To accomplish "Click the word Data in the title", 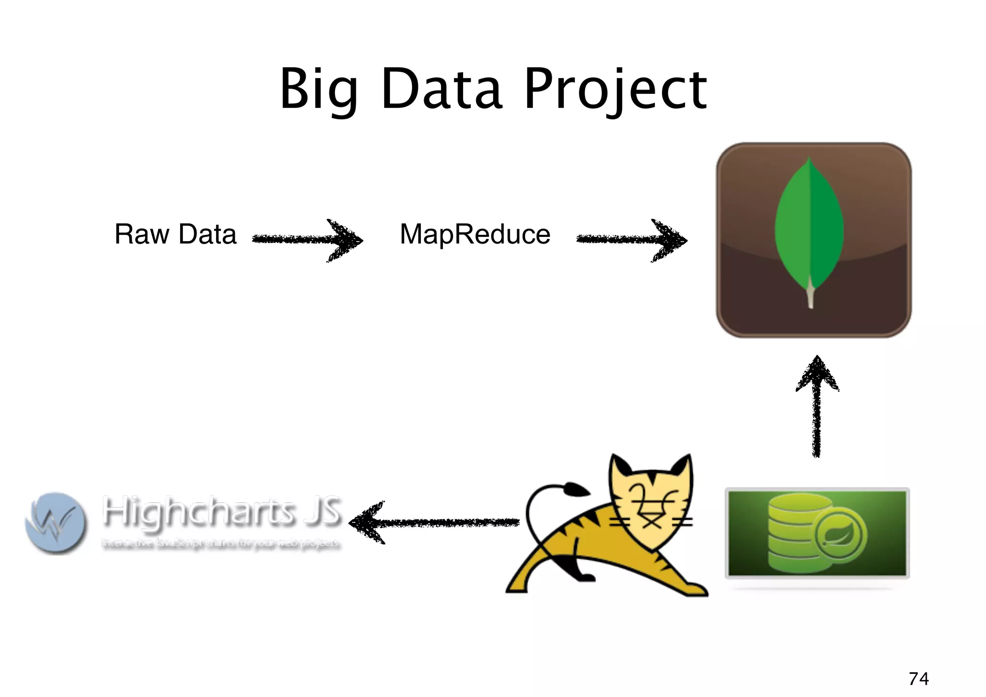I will pos(442,90).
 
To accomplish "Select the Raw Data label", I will pos(175,234).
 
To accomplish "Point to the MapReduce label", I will pos(475,234).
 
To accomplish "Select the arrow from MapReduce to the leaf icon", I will pos(632,239).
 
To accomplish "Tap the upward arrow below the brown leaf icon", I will pos(817,407).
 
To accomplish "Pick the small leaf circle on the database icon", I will pos(840,533).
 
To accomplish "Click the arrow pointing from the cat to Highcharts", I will pos(433,523).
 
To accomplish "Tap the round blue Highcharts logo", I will pos(56,523).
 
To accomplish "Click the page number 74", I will pos(919,679).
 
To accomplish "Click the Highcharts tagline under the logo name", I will pos(221,543).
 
